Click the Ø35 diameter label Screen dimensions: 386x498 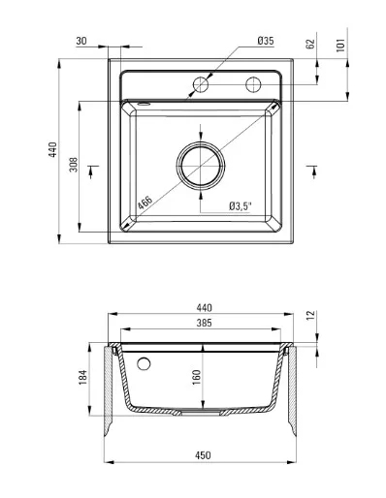coord(266,41)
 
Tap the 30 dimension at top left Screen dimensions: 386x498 coord(81,41)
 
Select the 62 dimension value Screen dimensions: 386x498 coord(310,44)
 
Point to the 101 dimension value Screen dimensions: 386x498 coord(340,45)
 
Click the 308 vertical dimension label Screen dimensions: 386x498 coord(74,165)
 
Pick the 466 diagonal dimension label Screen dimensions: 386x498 coord(145,202)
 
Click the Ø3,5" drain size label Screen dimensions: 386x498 coord(240,206)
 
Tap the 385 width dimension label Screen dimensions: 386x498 coord(204,323)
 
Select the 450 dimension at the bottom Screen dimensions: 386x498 coord(203,455)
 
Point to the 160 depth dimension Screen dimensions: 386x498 coord(196,377)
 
